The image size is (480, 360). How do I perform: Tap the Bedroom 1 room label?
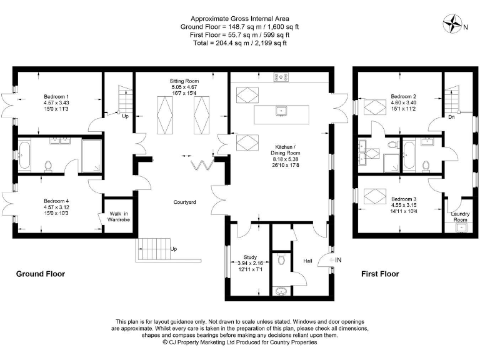[x=56, y=96]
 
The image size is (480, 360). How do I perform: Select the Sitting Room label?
[x=184, y=81]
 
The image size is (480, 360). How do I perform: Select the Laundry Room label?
[x=460, y=216]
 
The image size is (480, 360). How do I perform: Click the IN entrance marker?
[x=338, y=259]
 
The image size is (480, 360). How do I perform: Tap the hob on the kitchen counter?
[x=281, y=77]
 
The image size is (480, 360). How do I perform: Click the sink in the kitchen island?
[x=281, y=111]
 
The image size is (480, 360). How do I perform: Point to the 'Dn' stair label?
[x=451, y=116]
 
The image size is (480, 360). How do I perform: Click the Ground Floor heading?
[x=40, y=274]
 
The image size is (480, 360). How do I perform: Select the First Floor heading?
[x=380, y=274]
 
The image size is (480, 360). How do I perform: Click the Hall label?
[x=307, y=261]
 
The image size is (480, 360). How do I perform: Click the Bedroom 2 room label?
[x=403, y=96]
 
